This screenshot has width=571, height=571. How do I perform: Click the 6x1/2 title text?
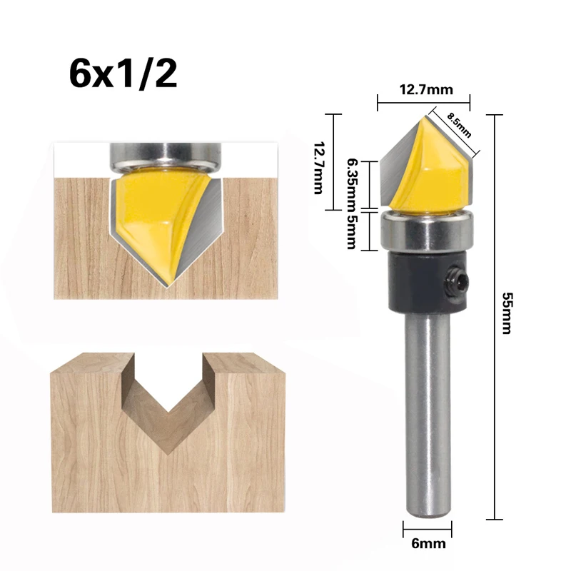coord(123,74)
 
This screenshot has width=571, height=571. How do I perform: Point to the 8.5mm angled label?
coord(460,125)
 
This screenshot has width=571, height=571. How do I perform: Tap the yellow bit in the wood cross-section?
coord(146,214)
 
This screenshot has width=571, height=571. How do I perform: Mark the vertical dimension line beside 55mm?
coord(495,314)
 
